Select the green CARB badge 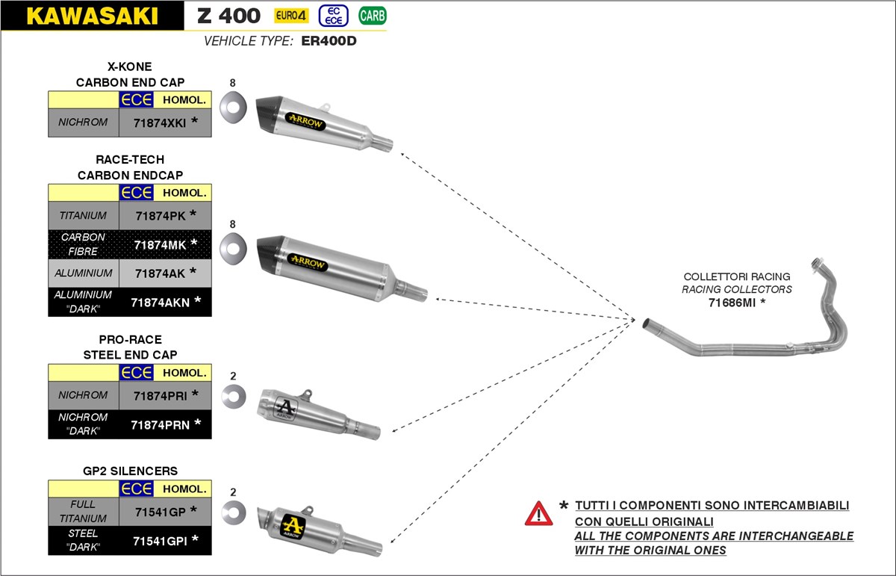(373, 15)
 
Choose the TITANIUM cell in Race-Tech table (84, 215)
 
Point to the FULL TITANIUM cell (84, 511)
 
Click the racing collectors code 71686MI (736, 303)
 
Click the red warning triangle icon (538, 513)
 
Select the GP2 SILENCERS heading (130, 471)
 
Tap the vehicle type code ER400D (329, 41)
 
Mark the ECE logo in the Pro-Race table (136, 372)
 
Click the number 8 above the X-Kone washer (233, 83)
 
